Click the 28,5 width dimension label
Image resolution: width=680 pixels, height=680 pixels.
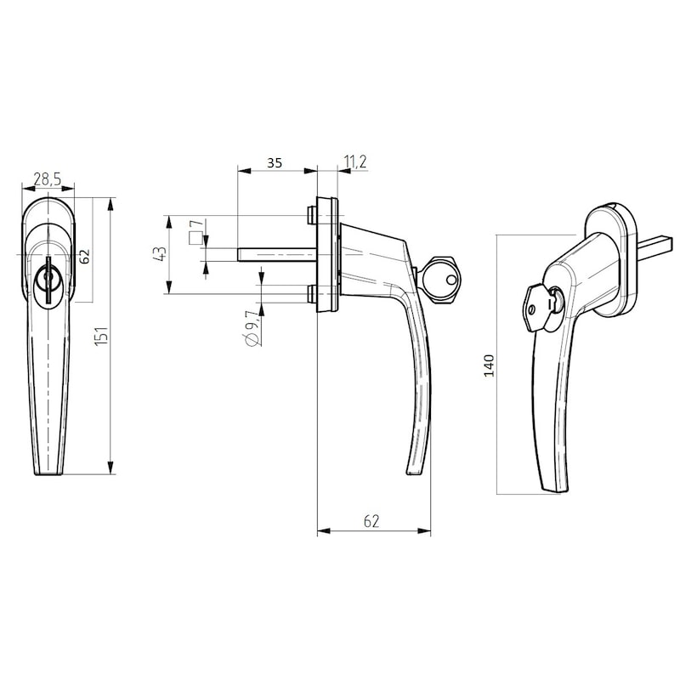coord(47,179)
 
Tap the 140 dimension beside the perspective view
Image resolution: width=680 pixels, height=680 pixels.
coord(488,365)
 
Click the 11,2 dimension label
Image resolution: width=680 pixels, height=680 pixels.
coord(354,163)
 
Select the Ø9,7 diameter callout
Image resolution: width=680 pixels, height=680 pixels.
coord(251,327)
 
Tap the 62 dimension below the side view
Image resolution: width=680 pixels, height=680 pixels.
coord(371,521)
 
